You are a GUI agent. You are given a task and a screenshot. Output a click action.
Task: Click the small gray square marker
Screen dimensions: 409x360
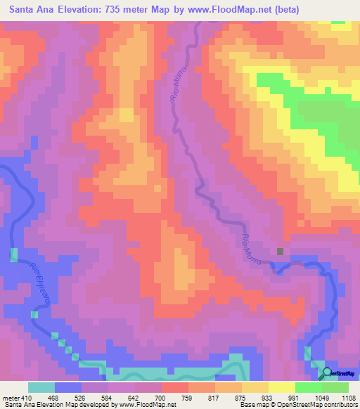(280, 251)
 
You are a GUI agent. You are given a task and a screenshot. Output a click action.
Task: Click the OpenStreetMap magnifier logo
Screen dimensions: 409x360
(327, 372)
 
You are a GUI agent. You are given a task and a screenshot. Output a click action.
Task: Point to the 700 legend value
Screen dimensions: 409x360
(162, 398)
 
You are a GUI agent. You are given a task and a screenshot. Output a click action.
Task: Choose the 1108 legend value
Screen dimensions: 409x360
(349, 398)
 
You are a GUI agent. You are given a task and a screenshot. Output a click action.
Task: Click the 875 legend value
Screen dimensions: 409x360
(242, 398)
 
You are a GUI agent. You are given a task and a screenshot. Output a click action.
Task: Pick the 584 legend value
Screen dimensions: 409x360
(108, 398)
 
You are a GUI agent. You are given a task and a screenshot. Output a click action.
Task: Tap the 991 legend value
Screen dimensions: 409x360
(295, 398)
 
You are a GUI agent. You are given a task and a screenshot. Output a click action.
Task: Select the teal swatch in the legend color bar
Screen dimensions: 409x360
(41, 388)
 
